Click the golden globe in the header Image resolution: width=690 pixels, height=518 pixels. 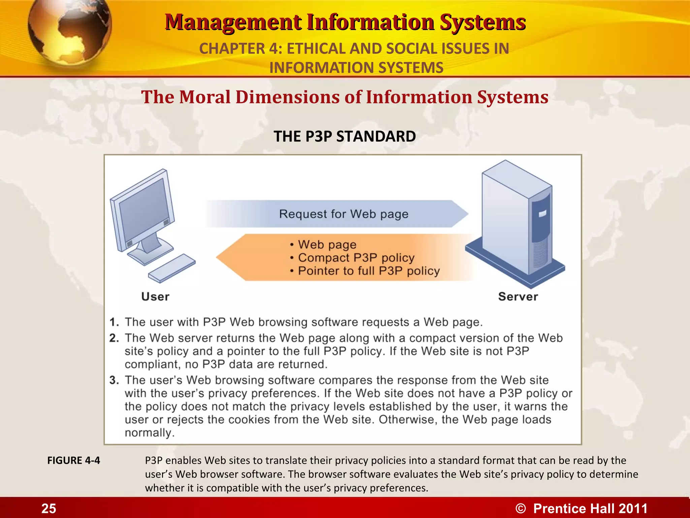click(69, 32)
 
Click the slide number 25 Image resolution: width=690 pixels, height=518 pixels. click(49, 508)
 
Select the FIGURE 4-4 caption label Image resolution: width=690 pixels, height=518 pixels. click(73, 460)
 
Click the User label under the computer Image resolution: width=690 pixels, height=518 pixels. click(155, 296)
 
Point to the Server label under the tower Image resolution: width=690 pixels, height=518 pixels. click(518, 296)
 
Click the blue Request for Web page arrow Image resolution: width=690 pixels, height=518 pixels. click(337, 214)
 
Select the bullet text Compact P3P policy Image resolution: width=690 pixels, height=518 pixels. click(356, 258)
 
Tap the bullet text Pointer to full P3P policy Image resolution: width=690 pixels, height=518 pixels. click(369, 271)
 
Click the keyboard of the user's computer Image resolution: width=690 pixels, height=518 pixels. click(172, 268)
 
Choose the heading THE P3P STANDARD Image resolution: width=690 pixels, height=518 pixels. click(345, 137)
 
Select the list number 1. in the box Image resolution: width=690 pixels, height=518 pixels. click(114, 322)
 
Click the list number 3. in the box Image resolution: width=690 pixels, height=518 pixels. click(114, 380)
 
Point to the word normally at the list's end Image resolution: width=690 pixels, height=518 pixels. click(150, 433)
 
